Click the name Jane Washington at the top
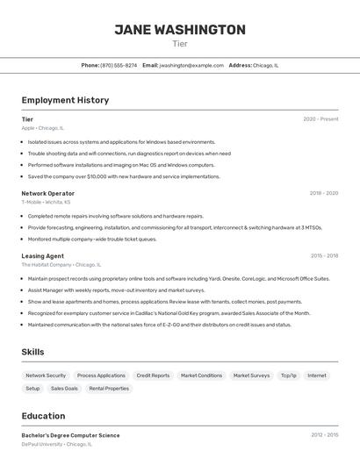click(180, 30)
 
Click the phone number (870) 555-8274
click(119, 65)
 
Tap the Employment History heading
click(65, 100)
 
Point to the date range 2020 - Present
click(320, 119)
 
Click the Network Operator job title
click(47, 193)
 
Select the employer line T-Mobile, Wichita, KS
click(46, 202)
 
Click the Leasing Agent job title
click(42, 256)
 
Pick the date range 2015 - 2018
click(324, 256)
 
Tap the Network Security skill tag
click(46, 376)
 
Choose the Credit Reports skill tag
click(153, 376)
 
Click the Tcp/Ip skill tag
click(288, 376)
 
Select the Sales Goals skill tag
click(64, 389)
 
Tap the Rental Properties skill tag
click(109, 389)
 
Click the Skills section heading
click(32, 352)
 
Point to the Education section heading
click(43, 416)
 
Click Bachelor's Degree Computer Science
click(70, 435)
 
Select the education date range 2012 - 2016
click(324, 435)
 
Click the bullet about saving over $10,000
click(124, 176)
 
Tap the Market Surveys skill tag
click(251, 376)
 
